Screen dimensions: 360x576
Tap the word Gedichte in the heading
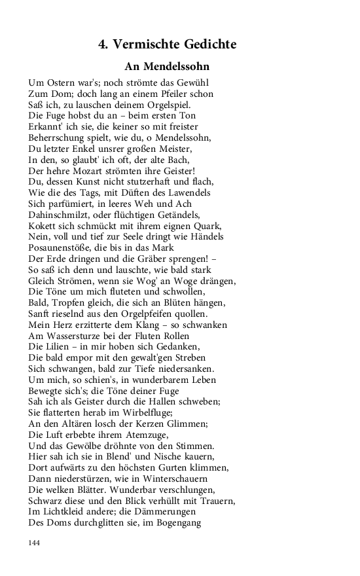[x=207, y=45]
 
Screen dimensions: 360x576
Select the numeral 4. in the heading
[x=103, y=45]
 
